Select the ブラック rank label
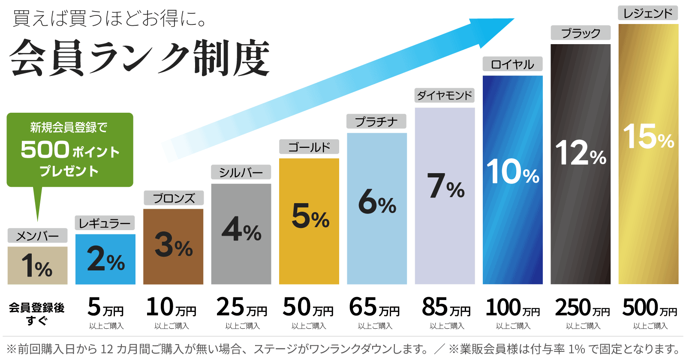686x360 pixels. click(581, 33)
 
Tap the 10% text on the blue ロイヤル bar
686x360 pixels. click(513, 172)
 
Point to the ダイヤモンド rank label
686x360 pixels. click(445, 95)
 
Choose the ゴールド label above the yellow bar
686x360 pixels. click(309, 147)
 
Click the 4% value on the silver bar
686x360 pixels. click(241, 230)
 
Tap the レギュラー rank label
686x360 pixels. click(105, 223)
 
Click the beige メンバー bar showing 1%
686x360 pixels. click(37, 266)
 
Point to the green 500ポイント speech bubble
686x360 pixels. click(70, 150)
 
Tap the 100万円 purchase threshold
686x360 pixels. click(513, 308)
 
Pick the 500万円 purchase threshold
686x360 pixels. click(650, 308)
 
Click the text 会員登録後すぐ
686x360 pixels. click(37, 313)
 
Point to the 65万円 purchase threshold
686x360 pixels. click(374, 308)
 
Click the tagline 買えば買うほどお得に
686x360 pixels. click(109, 19)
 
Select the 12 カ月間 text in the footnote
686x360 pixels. click(124, 349)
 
